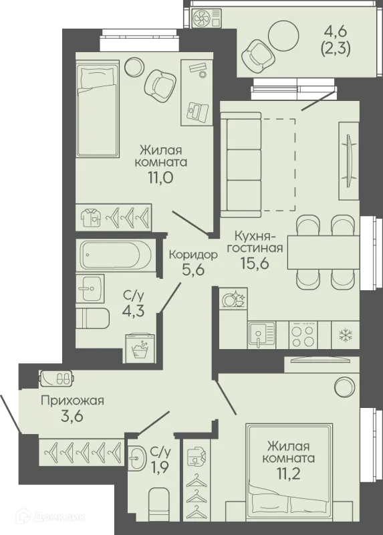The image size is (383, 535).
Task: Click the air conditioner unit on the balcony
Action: pyautogui.click(x=206, y=18)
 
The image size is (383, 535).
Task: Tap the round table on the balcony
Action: pyautogui.click(x=284, y=35)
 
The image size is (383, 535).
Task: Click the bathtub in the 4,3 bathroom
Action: pyautogui.click(x=116, y=255)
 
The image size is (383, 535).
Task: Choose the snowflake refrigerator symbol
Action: pyautogui.click(x=346, y=335)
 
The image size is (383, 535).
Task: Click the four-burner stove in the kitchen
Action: pyautogui.click(x=304, y=335)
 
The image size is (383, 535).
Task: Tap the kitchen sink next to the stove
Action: pyautogui.click(x=261, y=335)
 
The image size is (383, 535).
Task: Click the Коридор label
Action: pyautogui.click(x=193, y=255)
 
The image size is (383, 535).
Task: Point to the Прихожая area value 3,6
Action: pyautogui.click(x=72, y=417)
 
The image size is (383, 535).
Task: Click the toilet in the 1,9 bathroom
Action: pyautogui.click(x=159, y=510)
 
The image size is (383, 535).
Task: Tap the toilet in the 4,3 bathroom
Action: pyautogui.click(x=92, y=319)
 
